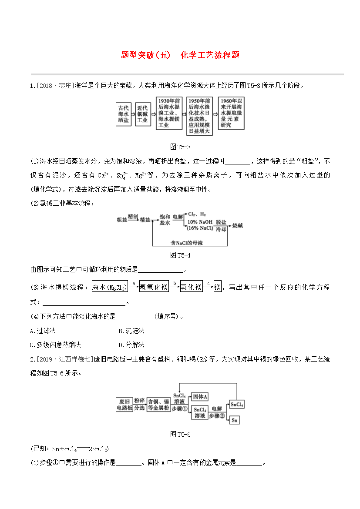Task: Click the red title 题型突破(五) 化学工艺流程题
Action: coord(180,55)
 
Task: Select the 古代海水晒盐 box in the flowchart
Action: coord(124,114)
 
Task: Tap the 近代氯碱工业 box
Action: coord(142,114)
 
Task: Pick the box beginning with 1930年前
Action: coord(169,113)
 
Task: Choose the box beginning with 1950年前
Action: coord(200,116)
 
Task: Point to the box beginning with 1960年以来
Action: coord(231,113)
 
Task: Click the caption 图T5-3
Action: coord(180,147)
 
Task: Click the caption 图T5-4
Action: coord(180,255)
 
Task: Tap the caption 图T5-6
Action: coord(180,434)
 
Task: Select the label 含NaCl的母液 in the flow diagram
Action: coord(187,243)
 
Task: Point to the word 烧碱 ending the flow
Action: coord(237,226)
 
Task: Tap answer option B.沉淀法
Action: coord(131,331)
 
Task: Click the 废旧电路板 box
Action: coord(124,404)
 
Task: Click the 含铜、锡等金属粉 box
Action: coord(158,404)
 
